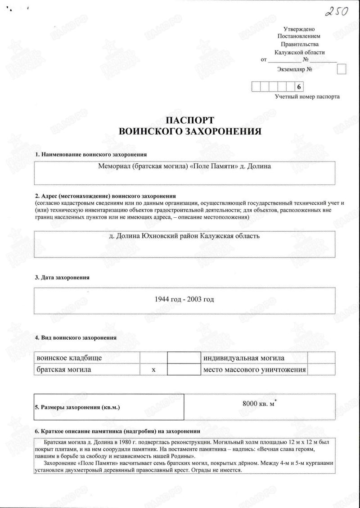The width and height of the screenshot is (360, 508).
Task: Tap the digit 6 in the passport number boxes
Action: click(x=298, y=87)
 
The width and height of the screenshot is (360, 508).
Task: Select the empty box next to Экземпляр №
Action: click(x=342, y=69)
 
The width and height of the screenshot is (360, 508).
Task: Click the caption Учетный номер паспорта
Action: click(x=307, y=97)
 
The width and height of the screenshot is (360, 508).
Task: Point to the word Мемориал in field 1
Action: click(x=114, y=166)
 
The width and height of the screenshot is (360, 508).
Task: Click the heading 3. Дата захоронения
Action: click(x=62, y=278)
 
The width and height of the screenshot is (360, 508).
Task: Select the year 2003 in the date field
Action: click(x=195, y=299)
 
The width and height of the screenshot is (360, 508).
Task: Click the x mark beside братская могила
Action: click(x=153, y=369)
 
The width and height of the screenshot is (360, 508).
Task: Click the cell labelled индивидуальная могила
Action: click(x=243, y=358)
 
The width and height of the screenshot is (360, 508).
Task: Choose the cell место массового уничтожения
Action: click(x=254, y=369)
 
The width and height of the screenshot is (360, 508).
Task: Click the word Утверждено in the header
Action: click(x=298, y=29)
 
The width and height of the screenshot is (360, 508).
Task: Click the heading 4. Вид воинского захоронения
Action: click(x=76, y=337)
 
